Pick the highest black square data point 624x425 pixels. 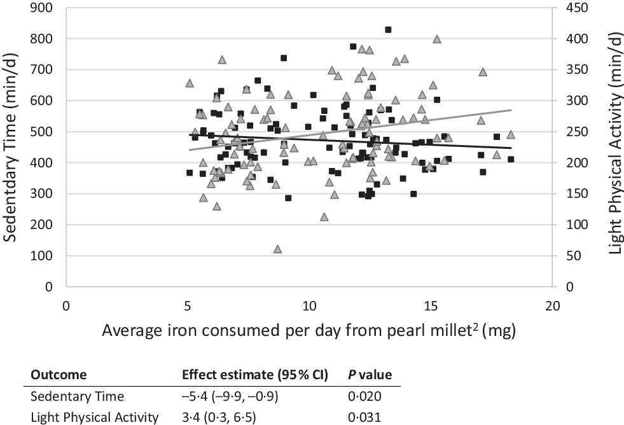pyautogui.click(x=388, y=30)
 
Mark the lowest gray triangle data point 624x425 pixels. pyautogui.click(x=277, y=249)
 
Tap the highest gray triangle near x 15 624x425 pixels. pyautogui.click(x=437, y=39)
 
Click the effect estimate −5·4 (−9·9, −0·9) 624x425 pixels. pyautogui.click(x=229, y=397)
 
